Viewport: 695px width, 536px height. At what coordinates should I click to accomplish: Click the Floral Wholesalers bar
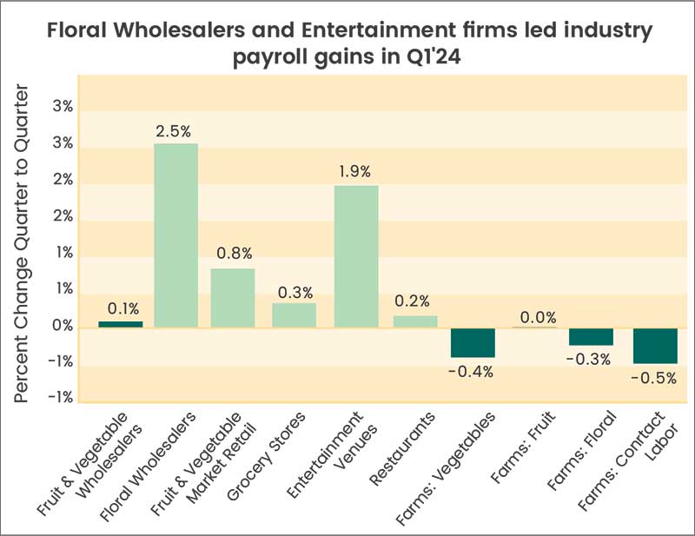tap(175, 235)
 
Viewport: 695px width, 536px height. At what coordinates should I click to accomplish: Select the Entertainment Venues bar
tap(356, 256)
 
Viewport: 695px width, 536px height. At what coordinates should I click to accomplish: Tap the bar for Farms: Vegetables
tap(473, 342)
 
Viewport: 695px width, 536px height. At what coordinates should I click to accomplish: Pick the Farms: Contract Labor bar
tap(655, 345)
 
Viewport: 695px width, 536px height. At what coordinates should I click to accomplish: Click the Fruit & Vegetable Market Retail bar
tap(233, 298)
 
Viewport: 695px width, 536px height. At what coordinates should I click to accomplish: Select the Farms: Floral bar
tap(591, 336)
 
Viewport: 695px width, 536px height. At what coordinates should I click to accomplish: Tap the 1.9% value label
tap(356, 172)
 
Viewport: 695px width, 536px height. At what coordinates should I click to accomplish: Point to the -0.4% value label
tap(473, 372)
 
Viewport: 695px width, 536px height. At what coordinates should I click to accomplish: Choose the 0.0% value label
tap(534, 316)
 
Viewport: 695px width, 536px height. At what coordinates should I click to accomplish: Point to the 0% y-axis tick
tap(63, 328)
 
